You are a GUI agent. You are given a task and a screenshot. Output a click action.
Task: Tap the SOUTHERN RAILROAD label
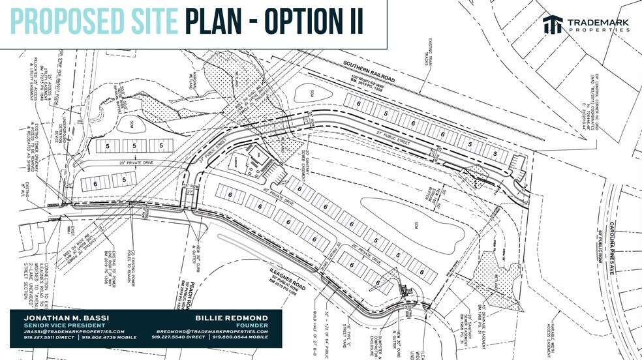[368, 67]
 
